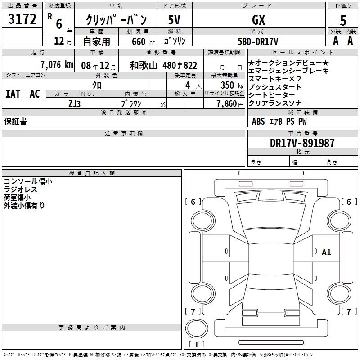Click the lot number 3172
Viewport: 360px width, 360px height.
tap(22, 19)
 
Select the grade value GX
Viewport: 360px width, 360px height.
tap(258, 20)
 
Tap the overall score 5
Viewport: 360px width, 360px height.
tap(343, 20)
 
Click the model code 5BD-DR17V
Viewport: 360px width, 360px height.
tap(258, 41)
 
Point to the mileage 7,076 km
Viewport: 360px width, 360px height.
tap(57, 65)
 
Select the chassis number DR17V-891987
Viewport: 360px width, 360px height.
tap(302, 143)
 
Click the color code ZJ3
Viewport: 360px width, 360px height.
tap(75, 104)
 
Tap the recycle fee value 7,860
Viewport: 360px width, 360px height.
tap(227, 104)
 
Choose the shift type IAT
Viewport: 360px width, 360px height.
tap(13, 94)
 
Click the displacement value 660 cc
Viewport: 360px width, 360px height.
tap(143, 41)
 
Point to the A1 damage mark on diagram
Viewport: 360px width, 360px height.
tap(326, 252)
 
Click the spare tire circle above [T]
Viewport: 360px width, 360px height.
tap(197, 328)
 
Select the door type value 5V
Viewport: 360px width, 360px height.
tap(174, 20)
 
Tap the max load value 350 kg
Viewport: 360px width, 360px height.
tap(232, 85)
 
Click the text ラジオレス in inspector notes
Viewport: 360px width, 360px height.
tap(20, 189)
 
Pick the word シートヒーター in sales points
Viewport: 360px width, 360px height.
tap(272, 95)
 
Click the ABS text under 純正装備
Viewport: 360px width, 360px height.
tap(258, 121)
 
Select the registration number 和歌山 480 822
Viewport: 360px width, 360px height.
tap(163, 65)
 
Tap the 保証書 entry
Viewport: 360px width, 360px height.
tap(15, 121)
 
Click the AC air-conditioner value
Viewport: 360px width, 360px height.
tap(35, 94)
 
